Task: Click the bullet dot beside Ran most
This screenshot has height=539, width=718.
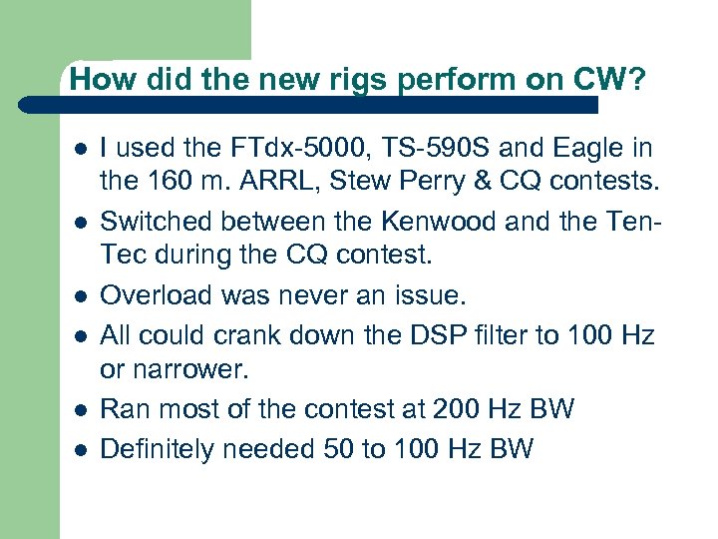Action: tap(79, 409)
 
